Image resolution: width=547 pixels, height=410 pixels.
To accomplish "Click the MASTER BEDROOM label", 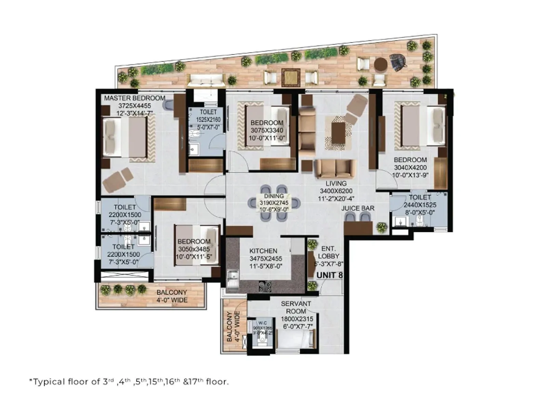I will (135, 98).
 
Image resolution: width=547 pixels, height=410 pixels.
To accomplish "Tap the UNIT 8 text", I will (329, 275).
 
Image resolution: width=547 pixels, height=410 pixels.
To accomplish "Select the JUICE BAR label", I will (358, 208).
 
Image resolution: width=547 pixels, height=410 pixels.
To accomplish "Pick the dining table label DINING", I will (274, 196).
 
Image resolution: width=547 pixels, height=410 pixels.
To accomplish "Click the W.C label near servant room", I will (263, 323).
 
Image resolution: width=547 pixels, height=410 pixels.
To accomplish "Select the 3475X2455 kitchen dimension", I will (266, 259).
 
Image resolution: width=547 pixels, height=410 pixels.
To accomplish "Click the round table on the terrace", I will (380, 64).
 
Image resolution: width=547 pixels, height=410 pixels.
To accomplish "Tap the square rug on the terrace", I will (291, 78).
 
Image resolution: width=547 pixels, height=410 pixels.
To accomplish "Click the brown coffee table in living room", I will (338, 133).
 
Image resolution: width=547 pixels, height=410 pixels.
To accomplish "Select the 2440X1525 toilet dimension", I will (420, 205).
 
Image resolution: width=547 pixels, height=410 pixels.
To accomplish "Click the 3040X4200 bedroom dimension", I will (410, 168).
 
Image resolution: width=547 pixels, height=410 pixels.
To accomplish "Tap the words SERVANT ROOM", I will (296, 307).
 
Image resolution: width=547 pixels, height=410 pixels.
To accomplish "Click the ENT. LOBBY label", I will (329, 252).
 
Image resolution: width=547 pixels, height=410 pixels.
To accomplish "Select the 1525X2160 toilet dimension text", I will (208, 120).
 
